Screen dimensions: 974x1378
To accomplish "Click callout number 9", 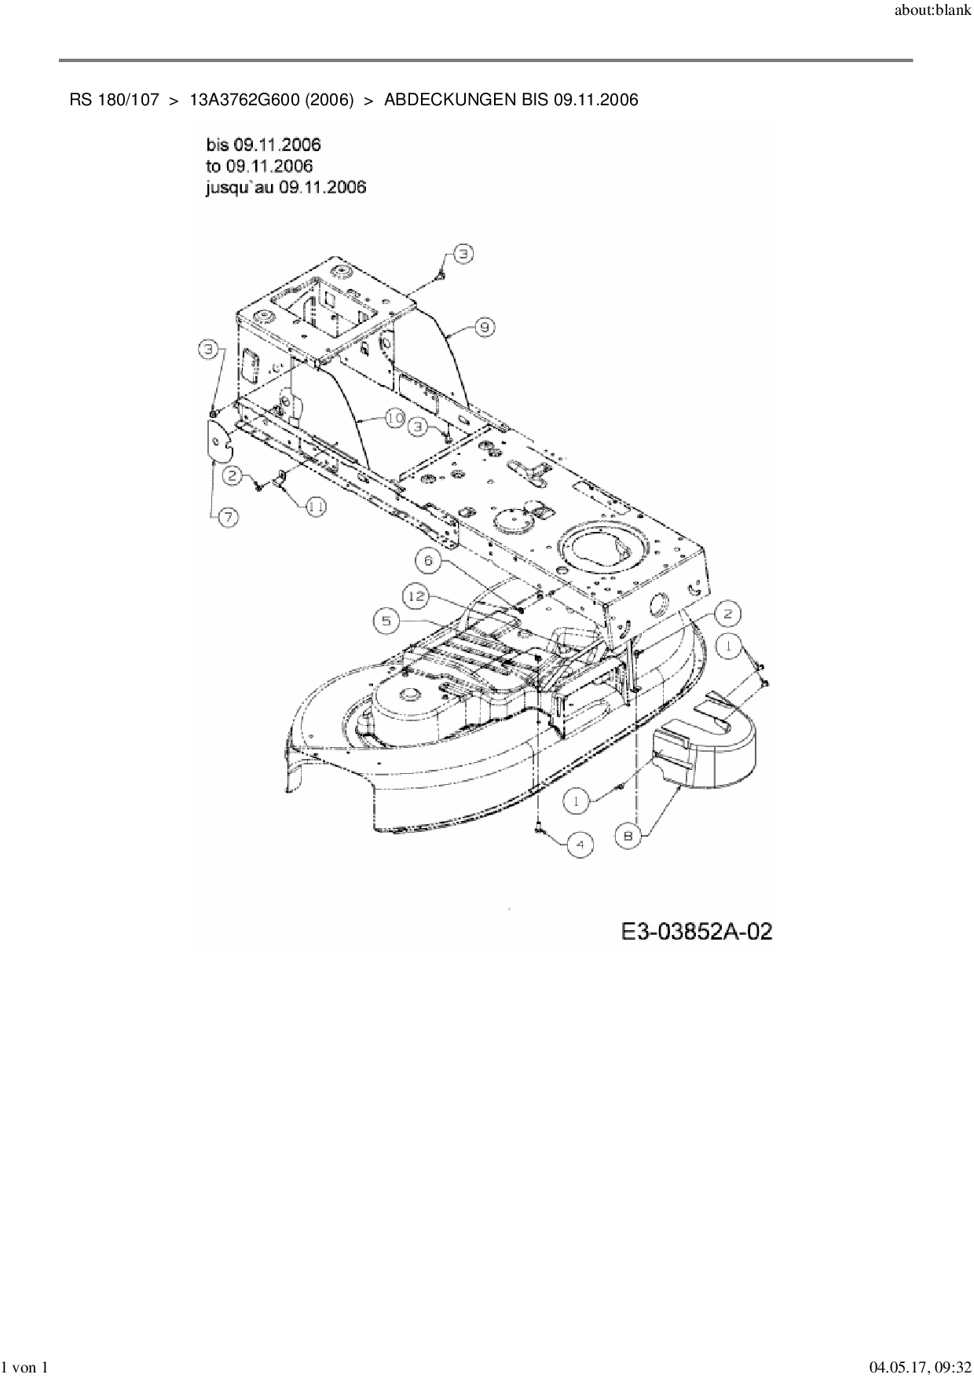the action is coord(485,327).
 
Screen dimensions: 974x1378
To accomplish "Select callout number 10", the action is coord(394,420).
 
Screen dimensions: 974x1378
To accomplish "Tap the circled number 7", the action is coord(228,517).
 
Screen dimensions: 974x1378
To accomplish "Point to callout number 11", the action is coord(316,508).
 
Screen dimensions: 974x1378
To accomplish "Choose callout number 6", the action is coord(386,621).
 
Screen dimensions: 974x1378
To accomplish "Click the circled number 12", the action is coord(429,560).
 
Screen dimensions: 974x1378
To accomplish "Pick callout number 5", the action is coord(416,597).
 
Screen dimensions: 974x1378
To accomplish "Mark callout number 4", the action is coord(580,845).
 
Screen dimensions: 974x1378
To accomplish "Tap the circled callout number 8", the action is coord(628,837).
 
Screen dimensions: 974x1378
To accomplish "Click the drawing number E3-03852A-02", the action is coord(696,932).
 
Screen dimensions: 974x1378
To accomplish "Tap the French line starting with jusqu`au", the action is coord(286,187).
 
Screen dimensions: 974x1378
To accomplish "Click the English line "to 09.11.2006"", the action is coord(259,166).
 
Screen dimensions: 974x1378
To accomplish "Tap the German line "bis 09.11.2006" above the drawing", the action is coord(263,145).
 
